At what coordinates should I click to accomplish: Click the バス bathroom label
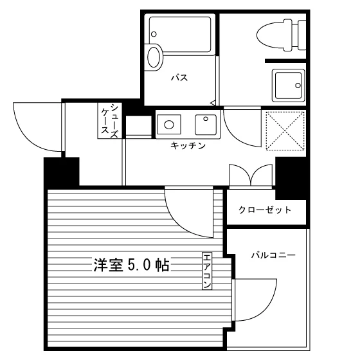(179, 78)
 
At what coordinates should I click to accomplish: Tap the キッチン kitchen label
(188, 145)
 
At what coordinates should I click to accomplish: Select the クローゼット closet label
(265, 210)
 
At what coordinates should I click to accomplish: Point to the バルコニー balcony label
(273, 255)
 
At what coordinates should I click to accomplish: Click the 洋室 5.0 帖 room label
(132, 265)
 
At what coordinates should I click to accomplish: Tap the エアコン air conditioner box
(207, 271)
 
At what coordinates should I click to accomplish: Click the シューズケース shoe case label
(110, 121)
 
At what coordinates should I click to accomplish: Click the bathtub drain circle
(154, 34)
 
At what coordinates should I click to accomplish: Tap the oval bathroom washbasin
(154, 57)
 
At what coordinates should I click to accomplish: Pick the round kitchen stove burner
(169, 125)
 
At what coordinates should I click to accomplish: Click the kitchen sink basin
(206, 125)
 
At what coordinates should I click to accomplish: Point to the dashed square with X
(285, 131)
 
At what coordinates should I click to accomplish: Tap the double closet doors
(251, 176)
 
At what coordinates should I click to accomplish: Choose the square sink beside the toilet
(289, 85)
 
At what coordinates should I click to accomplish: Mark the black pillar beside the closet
(291, 178)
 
